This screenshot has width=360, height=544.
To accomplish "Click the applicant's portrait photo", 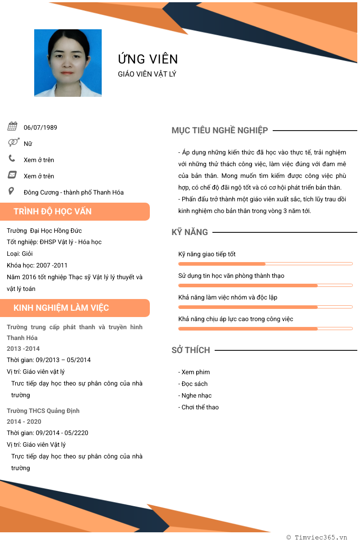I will [68, 63].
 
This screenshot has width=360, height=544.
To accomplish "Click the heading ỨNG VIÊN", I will [148, 59].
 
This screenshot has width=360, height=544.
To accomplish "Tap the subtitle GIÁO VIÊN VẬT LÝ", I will [147, 74].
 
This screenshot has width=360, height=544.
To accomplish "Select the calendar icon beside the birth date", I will [13, 127].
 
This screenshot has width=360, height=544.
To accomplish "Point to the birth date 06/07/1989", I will [40, 127].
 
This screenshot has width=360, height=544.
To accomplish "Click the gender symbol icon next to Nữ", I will [13, 143].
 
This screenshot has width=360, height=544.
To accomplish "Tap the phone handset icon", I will [12, 159].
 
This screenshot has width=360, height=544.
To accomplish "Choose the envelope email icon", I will [12, 175].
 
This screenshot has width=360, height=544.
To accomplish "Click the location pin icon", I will [12, 191].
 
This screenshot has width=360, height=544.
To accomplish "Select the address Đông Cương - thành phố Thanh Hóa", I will [74, 192].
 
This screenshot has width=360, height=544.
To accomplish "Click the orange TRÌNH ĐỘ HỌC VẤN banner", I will [75, 212].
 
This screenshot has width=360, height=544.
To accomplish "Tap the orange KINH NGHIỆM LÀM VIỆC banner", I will [75, 308].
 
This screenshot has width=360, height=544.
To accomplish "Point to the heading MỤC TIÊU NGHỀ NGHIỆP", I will [220, 131].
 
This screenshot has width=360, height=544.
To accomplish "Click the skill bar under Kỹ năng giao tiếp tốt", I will [265, 263].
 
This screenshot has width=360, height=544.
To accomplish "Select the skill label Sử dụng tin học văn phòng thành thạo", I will [231, 276].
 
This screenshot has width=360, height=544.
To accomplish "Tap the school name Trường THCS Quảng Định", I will [43, 411].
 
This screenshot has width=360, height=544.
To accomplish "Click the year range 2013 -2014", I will [23, 349].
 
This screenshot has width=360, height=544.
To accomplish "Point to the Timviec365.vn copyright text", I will [317, 537].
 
